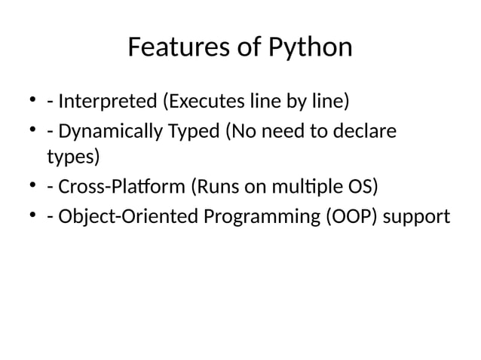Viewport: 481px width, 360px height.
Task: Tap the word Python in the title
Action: (310, 47)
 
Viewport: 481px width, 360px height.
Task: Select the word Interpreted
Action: (109, 100)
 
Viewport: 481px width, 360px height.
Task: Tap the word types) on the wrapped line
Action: (72, 157)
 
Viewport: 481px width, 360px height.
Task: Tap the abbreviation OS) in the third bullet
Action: (359, 187)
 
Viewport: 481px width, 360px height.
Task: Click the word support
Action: (416, 216)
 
